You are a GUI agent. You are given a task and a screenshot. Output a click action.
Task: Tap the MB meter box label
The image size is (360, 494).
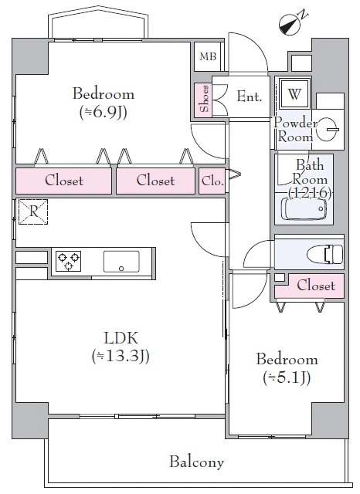pyautogui.click(x=208, y=56)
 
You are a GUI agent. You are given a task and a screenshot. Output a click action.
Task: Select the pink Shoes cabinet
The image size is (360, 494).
pyautogui.click(x=203, y=98)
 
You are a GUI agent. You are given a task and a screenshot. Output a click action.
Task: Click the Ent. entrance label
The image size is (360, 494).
pyautogui.click(x=250, y=96)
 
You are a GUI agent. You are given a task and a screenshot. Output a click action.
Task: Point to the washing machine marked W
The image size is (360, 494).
pyautogui.click(x=294, y=93)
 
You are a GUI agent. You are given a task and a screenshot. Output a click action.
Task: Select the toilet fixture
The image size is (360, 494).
pyautogui.click(x=328, y=254)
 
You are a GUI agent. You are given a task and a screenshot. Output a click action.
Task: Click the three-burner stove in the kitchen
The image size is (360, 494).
pyautogui.click(x=69, y=261)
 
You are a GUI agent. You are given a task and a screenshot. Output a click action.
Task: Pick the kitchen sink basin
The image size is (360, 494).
pyautogui.click(x=121, y=261)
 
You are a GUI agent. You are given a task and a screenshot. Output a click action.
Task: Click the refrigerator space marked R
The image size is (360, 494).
pyautogui.click(x=33, y=211)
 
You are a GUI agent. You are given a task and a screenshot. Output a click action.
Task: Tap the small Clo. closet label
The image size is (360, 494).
pyautogui.click(x=212, y=181)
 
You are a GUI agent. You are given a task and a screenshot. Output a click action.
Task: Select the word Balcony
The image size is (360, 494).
pyautogui.click(x=197, y=462)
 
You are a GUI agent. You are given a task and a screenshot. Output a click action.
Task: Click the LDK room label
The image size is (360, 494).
pyautogui.click(x=121, y=338)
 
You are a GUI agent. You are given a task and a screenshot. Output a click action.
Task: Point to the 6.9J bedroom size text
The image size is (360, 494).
pyautogui.click(x=104, y=112)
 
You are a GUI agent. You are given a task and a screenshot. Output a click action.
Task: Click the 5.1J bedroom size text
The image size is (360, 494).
pyautogui.click(x=287, y=377)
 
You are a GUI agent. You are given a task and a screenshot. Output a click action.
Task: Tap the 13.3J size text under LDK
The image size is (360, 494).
pyautogui.click(x=121, y=356)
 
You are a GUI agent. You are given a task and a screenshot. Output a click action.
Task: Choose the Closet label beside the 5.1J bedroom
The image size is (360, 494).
pyautogui.click(x=316, y=286)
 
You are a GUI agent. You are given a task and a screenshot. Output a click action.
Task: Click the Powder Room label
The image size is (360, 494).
pyautogui.click(x=295, y=130)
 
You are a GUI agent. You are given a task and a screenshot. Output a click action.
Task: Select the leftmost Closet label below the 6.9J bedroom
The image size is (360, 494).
pyautogui.click(x=64, y=181)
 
